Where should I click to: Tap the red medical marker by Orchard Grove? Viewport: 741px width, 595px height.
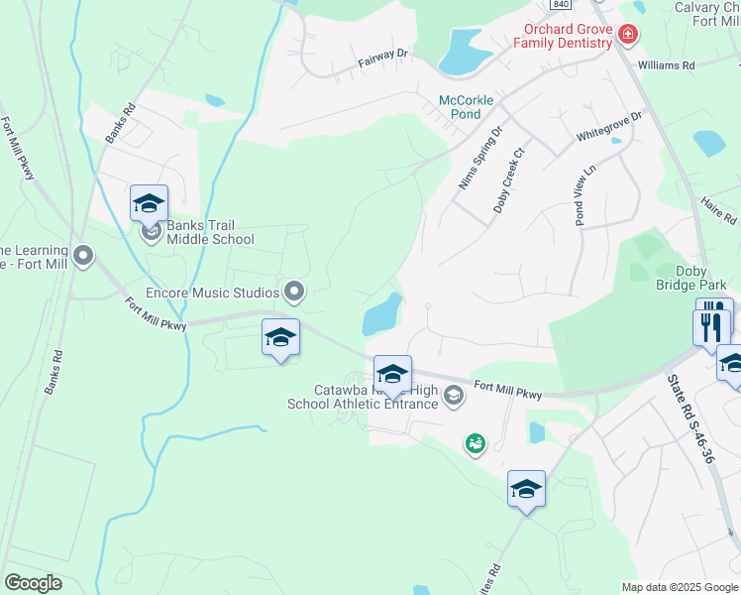(626, 35)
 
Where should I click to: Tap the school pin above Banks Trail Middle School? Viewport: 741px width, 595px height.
(149, 203)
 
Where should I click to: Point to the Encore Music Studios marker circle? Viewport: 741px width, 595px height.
(294, 292)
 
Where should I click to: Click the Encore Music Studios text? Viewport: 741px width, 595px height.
(212, 292)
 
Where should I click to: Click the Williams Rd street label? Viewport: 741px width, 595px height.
(667, 64)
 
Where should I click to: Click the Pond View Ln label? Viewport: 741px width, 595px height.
(585, 194)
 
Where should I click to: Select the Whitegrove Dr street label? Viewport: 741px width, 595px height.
(609, 130)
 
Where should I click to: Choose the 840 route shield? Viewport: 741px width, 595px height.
(561, 4)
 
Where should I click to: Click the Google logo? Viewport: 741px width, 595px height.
(34, 583)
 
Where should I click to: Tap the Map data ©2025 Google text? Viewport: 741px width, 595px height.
(679, 587)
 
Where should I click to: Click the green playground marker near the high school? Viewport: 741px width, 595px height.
(476, 443)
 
